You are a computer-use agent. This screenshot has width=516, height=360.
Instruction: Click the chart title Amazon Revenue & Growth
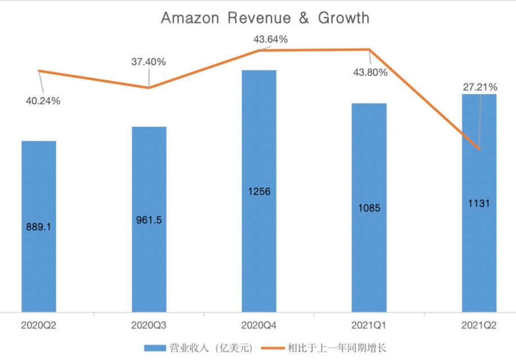[265, 18]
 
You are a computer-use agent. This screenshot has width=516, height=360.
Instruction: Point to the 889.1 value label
[39, 228]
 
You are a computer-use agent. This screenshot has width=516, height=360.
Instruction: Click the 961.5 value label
[149, 220]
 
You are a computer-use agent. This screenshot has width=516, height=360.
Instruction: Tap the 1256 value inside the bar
[259, 192]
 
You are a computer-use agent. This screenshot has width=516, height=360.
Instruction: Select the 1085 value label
[369, 208]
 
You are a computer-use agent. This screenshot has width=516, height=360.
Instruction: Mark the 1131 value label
[479, 204]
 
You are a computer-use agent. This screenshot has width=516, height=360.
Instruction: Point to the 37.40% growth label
[148, 62]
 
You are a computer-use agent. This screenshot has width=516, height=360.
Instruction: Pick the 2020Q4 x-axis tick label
[259, 325]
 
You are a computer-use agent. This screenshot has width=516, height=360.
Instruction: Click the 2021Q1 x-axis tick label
[369, 325]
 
